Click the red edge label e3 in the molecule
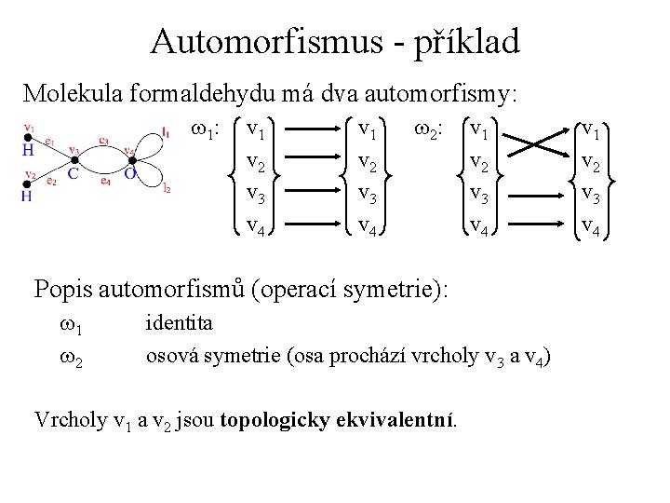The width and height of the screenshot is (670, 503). coord(103,143)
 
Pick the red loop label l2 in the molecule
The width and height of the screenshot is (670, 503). coord(167,190)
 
